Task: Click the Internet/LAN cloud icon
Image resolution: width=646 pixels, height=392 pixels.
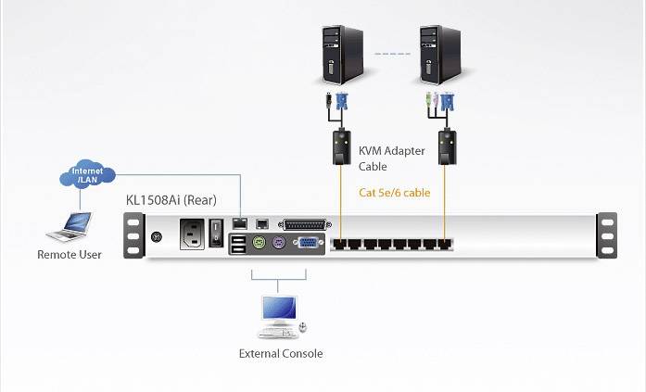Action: coord(89,175)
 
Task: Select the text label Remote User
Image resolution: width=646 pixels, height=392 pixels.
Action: coord(70,254)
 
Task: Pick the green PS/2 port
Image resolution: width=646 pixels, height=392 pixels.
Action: coord(259,244)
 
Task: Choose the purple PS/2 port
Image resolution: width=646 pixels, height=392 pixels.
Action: coord(277,244)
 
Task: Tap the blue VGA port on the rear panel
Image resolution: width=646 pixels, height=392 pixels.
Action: coord(306,244)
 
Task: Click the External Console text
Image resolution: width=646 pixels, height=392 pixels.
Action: coord(281,353)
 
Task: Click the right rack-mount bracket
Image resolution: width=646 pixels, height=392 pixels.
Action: coord(607,235)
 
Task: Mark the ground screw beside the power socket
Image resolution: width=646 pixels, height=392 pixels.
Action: coord(157,235)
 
